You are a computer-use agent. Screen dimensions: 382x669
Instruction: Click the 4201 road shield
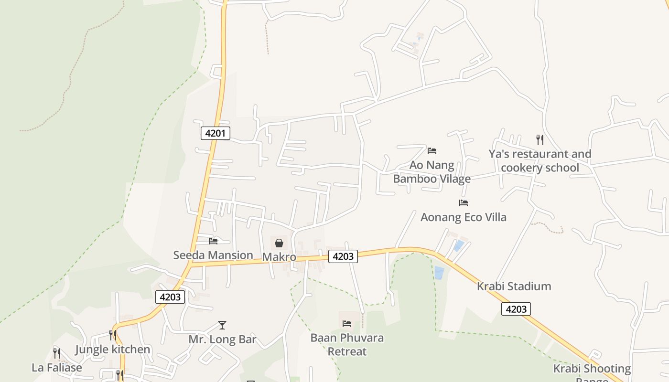pyautogui.click(x=215, y=133)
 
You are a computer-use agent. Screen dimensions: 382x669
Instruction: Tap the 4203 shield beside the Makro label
pyautogui.click(x=343, y=256)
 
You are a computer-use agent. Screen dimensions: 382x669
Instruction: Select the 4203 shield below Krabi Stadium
pyautogui.click(x=516, y=309)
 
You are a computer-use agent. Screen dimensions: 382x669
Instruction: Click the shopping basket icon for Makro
pyautogui.click(x=279, y=243)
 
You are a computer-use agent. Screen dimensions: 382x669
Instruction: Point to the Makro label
pyautogui.click(x=279, y=257)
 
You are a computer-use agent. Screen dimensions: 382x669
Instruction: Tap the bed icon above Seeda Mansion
pyautogui.click(x=213, y=241)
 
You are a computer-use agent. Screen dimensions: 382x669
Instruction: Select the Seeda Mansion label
pyautogui.click(x=213, y=255)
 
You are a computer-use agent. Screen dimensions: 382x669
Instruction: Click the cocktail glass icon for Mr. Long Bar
pyautogui.click(x=222, y=325)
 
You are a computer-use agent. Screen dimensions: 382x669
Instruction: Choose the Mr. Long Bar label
pyautogui.click(x=222, y=340)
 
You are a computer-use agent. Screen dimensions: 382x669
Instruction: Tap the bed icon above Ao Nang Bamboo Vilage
pyautogui.click(x=432, y=151)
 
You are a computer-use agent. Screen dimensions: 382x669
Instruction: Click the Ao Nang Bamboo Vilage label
pyautogui.click(x=432, y=172)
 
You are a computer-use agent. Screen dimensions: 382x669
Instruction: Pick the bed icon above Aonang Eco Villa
pyautogui.click(x=463, y=203)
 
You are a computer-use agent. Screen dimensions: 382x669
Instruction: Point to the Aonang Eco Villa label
pyautogui.click(x=463, y=217)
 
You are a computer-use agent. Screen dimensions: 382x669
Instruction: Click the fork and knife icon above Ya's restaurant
pyautogui.click(x=540, y=139)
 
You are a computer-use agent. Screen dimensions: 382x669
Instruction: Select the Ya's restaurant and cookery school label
pyautogui.click(x=540, y=161)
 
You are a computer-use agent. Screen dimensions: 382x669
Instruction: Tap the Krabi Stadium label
pyautogui.click(x=514, y=286)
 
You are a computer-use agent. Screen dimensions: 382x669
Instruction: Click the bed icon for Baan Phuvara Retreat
pyautogui.click(x=347, y=324)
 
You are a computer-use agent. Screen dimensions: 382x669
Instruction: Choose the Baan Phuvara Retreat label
pyautogui.click(x=347, y=345)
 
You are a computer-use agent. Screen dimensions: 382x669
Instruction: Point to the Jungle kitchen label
pyautogui.click(x=113, y=349)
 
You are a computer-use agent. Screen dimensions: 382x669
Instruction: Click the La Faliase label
pyautogui.click(x=57, y=368)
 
